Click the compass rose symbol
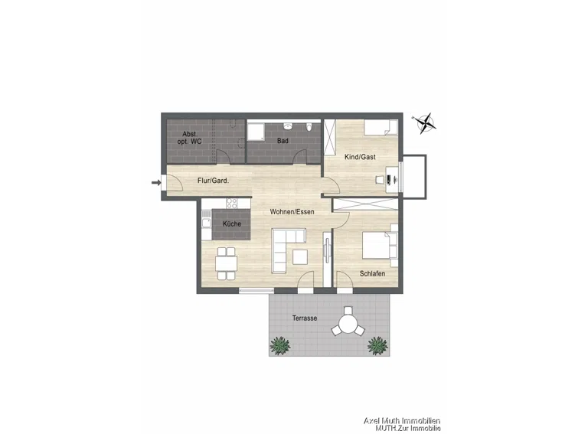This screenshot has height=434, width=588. (424, 123)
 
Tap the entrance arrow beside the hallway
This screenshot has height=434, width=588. (156, 182)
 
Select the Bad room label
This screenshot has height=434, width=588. (283, 141)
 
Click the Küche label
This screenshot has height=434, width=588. (232, 224)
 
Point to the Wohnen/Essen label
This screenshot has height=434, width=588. (292, 212)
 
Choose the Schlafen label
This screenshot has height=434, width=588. (372, 273)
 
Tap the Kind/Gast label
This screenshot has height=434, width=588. (360, 157)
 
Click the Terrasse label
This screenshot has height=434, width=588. (305, 318)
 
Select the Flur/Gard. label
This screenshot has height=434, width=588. (214, 181)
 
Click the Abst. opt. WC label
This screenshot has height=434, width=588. (190, 138)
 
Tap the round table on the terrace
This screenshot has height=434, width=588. (349, 324)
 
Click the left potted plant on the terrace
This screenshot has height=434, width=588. (280, 345)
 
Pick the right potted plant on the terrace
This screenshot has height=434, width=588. (377, 345)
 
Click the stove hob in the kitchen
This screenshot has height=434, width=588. (232, 204)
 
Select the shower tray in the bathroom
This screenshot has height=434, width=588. (256, 132)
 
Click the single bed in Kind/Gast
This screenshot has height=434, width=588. (381, 127)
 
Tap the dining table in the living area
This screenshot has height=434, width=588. (226, 263)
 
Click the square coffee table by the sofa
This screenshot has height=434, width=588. (300, 256)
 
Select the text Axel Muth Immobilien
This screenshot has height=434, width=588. (402, 421)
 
